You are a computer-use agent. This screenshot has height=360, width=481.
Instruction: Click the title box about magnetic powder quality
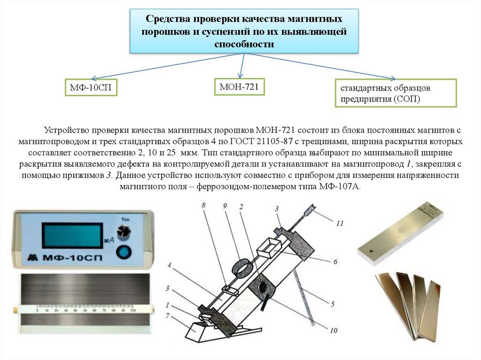point(244,31)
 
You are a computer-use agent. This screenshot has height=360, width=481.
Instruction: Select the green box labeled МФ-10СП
point(91,87)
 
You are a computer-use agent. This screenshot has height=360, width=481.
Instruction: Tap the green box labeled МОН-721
point(239,86)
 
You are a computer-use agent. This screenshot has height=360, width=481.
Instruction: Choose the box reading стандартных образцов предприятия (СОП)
point(395,93)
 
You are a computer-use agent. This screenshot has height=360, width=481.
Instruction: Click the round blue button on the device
point(124,252)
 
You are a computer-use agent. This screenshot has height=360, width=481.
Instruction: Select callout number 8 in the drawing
point(203,206)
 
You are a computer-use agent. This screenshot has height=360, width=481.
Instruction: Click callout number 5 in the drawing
point(332,304)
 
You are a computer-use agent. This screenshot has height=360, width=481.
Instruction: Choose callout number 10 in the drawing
point(335,330)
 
